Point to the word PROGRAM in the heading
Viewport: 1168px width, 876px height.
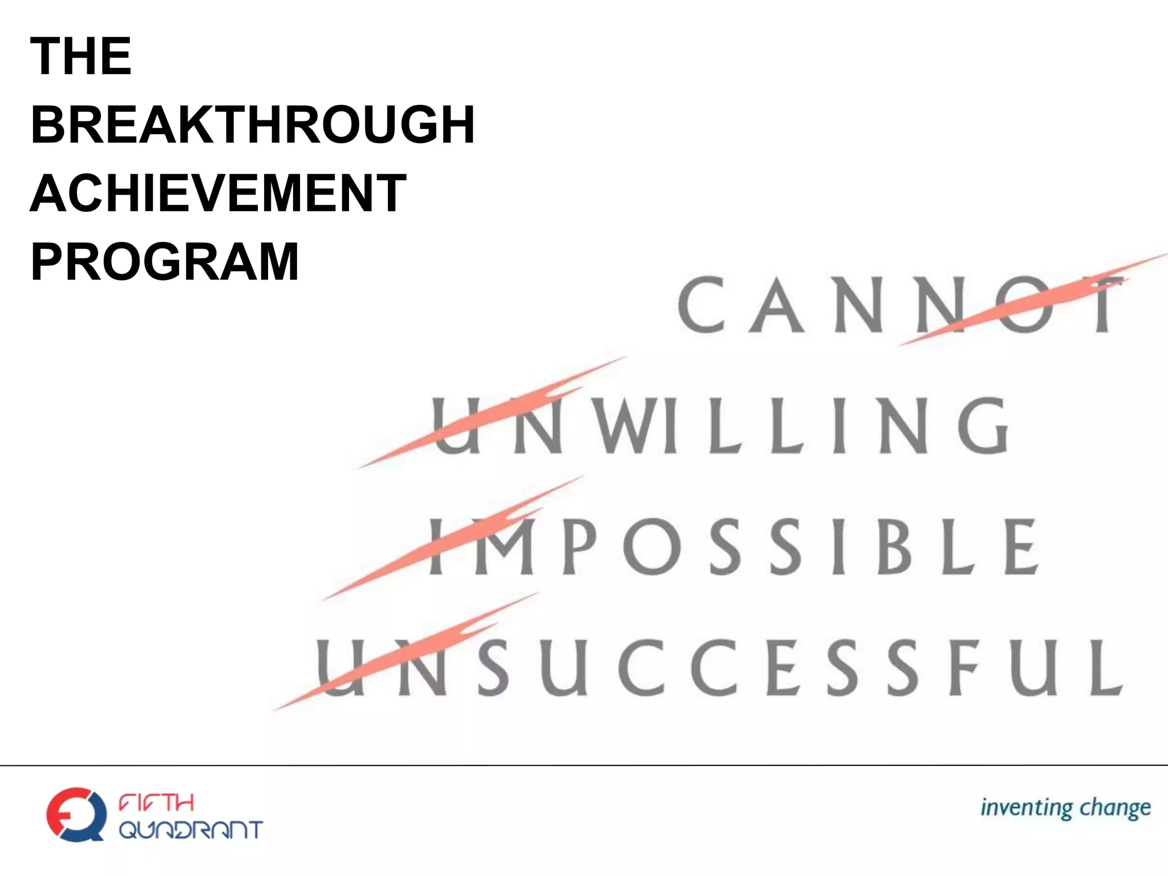coord(165,262)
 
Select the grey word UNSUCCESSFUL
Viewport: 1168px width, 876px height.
coord(720,667)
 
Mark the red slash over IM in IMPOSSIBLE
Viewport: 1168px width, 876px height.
coord(456,536)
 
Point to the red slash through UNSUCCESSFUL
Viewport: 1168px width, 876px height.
coord(405,653)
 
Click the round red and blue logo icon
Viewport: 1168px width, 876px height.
coord(76,814)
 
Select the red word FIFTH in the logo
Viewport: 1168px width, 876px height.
coord(156,803)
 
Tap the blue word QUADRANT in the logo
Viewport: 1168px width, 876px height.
coord(190,830)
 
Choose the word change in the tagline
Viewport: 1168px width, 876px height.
coord(1115,809)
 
